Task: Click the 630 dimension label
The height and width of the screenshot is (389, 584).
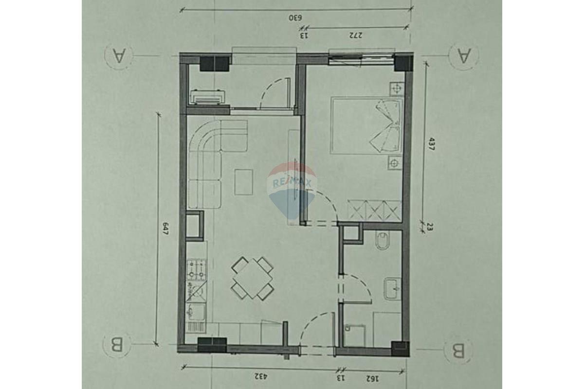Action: click(x=295, y=18)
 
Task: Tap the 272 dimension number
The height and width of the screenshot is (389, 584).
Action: click(x=356, y=35)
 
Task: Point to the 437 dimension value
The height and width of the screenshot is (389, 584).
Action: click(x=430, y=144)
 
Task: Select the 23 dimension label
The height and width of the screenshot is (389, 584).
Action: click(x=430, y=227)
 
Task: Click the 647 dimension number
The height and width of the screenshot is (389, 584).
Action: click(x=165, y=229)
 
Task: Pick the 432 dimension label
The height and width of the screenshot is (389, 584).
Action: click(x=261, y=376)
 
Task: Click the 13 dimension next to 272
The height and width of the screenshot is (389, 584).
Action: click(x=304, y=35)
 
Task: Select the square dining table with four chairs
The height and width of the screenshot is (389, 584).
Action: click(x=253, y=278)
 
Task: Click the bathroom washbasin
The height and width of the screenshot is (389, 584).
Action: click(x=392, y=289)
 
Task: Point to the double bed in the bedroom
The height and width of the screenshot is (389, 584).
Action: click(x=366, y=125)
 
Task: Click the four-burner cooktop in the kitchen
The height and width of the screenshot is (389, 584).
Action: click(x=196, y=269)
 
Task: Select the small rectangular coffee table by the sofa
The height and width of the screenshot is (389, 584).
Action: click(x=243, y=182)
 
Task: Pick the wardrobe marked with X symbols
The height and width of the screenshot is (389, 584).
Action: click(x=375, y=211)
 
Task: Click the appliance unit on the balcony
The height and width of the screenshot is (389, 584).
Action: click(x=208, y=97)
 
